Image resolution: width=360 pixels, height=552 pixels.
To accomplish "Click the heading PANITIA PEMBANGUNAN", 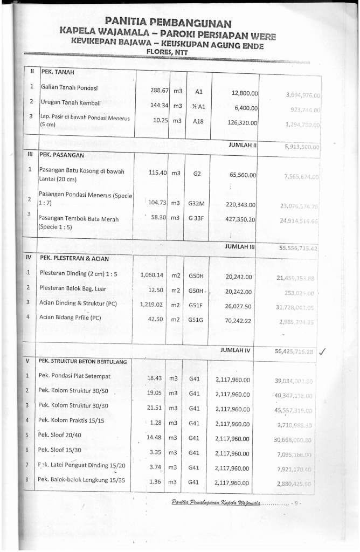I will coord(168,23).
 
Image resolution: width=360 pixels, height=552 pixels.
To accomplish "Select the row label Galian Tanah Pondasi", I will coord(70,87).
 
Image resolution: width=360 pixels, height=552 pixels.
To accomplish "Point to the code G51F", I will coord(196,305).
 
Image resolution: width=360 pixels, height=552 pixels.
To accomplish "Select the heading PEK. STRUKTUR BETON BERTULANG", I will coord(82,361).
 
